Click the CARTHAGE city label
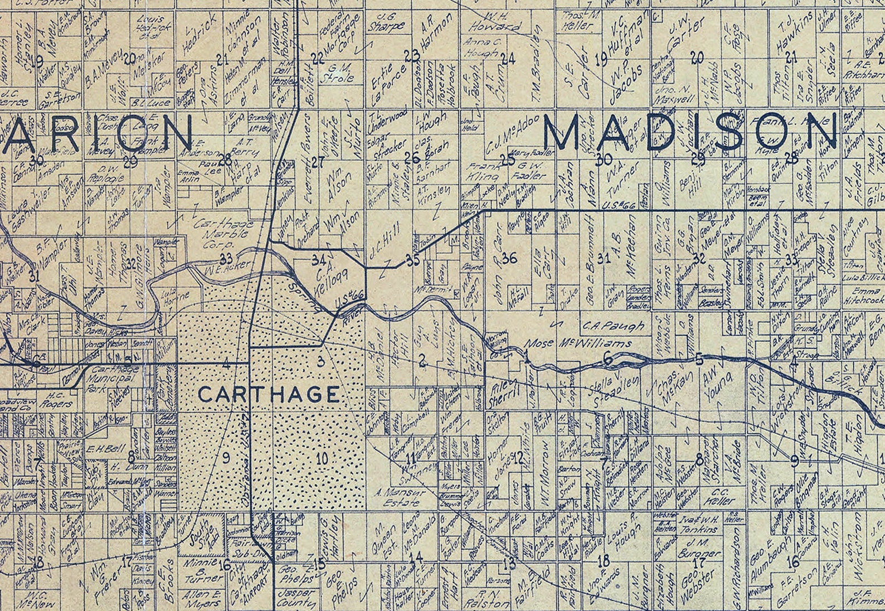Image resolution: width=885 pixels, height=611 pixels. click(x=269, y=395)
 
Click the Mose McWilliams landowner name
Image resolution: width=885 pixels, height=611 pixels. click(x=580, y=343)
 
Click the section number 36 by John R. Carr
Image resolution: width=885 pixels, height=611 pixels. click(x=509, y=258)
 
